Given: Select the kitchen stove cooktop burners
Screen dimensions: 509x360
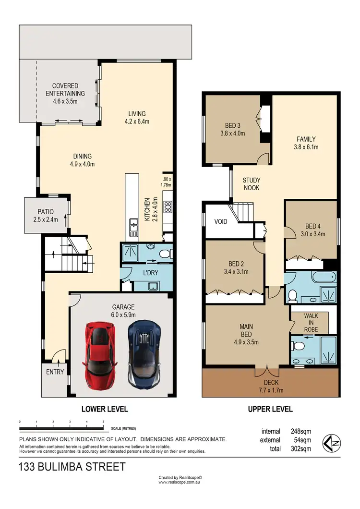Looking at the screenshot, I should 168,207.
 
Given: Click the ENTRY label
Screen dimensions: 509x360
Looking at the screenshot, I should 55,372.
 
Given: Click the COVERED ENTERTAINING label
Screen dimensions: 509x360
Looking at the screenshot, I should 65,94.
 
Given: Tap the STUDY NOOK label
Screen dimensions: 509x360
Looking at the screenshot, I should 252,184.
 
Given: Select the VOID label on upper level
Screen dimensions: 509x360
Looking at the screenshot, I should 221,222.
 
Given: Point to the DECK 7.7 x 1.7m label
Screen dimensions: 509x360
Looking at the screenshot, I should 271,387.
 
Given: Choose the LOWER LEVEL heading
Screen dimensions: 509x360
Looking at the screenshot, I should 104,410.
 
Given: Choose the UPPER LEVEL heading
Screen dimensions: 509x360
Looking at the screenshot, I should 270,410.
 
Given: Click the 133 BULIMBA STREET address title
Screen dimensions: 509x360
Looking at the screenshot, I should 72,466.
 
